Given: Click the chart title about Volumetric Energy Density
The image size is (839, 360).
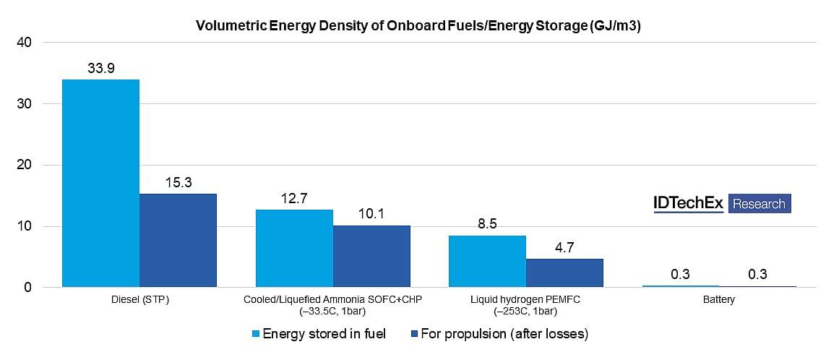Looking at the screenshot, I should [x=418, y=27].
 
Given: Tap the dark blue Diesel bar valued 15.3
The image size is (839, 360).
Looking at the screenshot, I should [x=178, y=240].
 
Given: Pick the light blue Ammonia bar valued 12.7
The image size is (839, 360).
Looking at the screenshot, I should [x=294, y=248].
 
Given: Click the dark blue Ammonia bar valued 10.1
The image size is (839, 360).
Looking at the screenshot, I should [x=371, y=256].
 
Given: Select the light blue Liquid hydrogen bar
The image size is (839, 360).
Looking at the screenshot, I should [x=487, y=261].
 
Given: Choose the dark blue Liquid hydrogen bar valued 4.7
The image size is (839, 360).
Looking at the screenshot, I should [x=564, y=273].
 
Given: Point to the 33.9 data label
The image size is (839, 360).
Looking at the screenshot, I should [x=100, y=68].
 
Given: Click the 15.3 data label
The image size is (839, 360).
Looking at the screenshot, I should [x=178, y=182].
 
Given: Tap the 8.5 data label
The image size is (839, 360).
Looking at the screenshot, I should [x=487, y=224].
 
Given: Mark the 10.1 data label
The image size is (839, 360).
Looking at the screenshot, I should [x=371, y=214].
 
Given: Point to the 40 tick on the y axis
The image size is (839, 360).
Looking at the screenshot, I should [x=24, y=43].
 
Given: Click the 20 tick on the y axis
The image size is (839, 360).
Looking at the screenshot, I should [x=24, y=166].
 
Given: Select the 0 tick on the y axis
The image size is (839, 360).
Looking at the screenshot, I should [x=27, y=288].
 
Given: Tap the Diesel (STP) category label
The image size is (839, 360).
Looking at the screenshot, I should [x=139, y=300].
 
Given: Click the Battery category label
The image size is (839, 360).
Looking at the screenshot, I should [x=718, y=300].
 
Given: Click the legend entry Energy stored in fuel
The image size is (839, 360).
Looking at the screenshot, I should [x=318, y=333].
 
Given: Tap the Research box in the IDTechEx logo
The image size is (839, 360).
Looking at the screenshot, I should [x=759, y=204].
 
